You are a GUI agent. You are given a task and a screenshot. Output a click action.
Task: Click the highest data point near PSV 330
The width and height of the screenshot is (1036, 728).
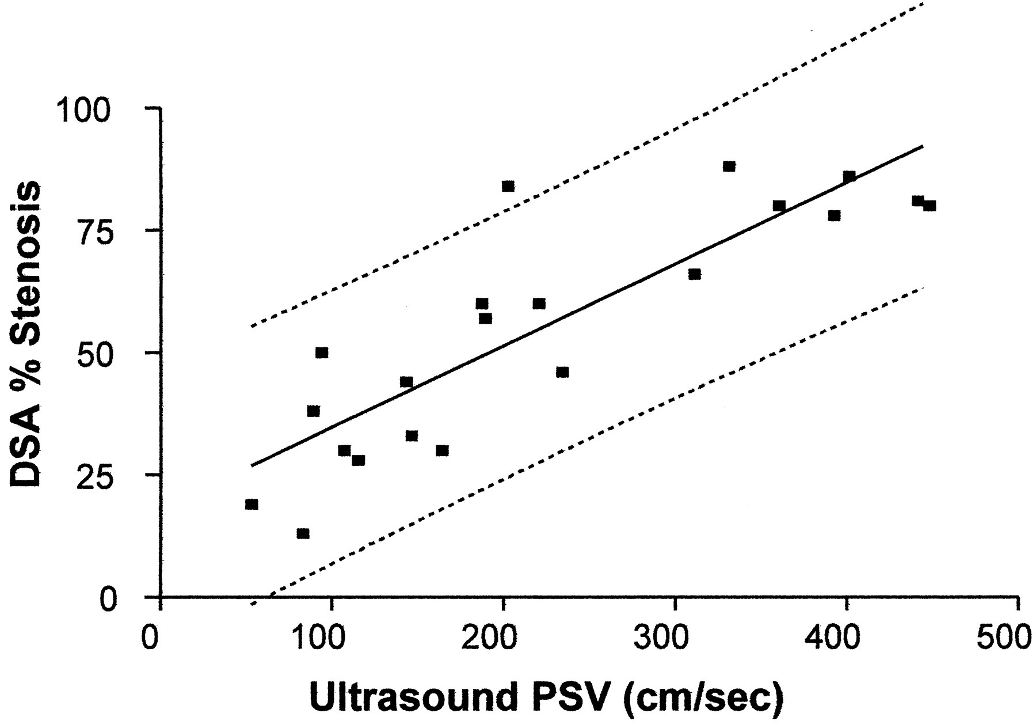click(729, 166)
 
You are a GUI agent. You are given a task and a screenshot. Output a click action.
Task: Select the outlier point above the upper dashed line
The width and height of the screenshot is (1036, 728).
click(508, 186)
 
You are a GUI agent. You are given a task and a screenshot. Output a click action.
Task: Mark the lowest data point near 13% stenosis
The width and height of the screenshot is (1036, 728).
click(303, 533)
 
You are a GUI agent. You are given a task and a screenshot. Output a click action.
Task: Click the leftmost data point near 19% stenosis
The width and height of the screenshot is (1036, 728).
click(252, 505)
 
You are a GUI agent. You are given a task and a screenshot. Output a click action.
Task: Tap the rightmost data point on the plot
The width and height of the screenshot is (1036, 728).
click(930, 206)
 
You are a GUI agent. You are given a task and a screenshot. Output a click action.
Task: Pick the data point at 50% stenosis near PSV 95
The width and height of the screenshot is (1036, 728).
click(322, 352)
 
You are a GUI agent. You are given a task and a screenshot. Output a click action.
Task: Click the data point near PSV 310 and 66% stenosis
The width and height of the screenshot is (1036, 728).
click(695, 274)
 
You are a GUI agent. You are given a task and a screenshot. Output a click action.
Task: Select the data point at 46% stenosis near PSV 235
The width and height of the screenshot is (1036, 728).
click(562, 372)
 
